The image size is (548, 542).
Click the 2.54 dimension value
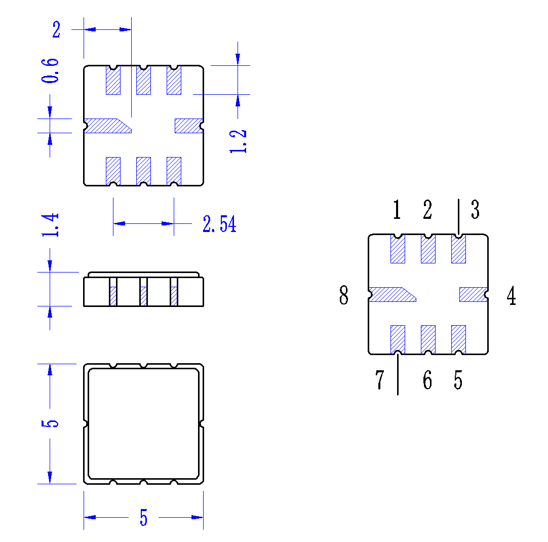click(219, 224)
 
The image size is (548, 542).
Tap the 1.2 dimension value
click(238, 141)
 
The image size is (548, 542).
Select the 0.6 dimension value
click(50, 70)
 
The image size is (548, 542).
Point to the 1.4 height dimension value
click(50, 225)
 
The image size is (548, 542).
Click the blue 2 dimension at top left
click(56, 29)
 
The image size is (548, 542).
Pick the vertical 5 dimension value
click(50, 423)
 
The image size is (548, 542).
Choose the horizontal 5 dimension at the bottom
click(144, 517)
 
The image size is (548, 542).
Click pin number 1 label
click(397, 210)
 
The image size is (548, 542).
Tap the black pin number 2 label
click(427, 210)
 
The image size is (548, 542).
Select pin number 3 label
click(475, 210)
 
